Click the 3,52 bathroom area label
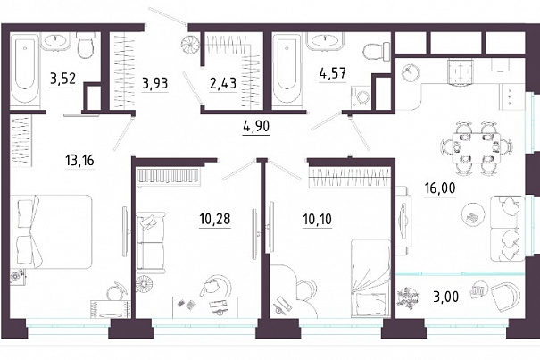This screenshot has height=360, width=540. [62, 79]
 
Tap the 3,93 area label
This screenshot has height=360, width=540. [155, 83]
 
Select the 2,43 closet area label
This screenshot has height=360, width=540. [223, 83]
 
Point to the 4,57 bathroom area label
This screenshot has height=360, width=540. [333, 73]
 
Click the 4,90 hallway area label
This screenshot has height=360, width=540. [256, 127]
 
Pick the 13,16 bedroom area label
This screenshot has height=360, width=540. [79, 161]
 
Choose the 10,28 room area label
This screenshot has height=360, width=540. [215, 219]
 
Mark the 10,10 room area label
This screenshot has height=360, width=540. [318, 219]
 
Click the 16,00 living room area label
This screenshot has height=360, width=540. [440, 188]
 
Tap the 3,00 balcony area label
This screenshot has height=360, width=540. [446, 297]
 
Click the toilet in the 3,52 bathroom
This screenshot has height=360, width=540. [86, 45]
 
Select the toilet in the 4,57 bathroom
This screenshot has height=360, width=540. [376, 53]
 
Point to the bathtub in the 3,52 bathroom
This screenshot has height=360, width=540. [25, 68]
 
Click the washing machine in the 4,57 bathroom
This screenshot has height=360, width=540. [361, 96]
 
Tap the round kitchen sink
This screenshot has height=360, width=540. [411, 72]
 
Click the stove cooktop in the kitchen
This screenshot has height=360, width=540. [461, 71]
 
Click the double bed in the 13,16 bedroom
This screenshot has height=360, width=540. [53, 231]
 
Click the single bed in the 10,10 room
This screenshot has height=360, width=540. [370, 279]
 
